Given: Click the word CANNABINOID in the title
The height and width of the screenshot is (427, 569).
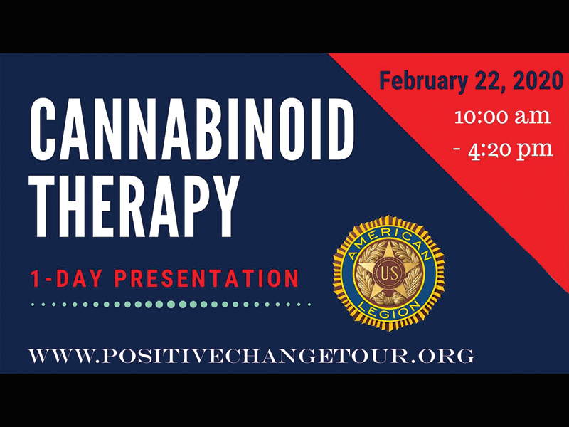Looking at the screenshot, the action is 191,129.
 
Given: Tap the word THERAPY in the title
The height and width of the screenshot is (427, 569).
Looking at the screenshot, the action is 134,206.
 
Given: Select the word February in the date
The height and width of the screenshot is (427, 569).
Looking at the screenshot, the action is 423,80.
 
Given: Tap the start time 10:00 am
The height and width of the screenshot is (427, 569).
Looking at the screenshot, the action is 503,116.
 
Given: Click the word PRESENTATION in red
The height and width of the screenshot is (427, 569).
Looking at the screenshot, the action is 206,278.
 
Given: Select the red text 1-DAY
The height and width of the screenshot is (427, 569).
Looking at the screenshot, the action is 65,278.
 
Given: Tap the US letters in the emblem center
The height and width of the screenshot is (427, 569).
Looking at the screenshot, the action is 388,273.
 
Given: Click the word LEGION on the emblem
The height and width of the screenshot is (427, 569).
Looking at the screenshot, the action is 388,310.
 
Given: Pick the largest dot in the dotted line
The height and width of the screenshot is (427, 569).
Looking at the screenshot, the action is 171,305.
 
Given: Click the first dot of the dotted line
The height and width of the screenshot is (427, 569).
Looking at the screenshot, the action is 33,305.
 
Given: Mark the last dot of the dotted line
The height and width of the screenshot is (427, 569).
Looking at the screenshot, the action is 309,305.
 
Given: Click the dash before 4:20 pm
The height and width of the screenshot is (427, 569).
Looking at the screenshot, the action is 457,149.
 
